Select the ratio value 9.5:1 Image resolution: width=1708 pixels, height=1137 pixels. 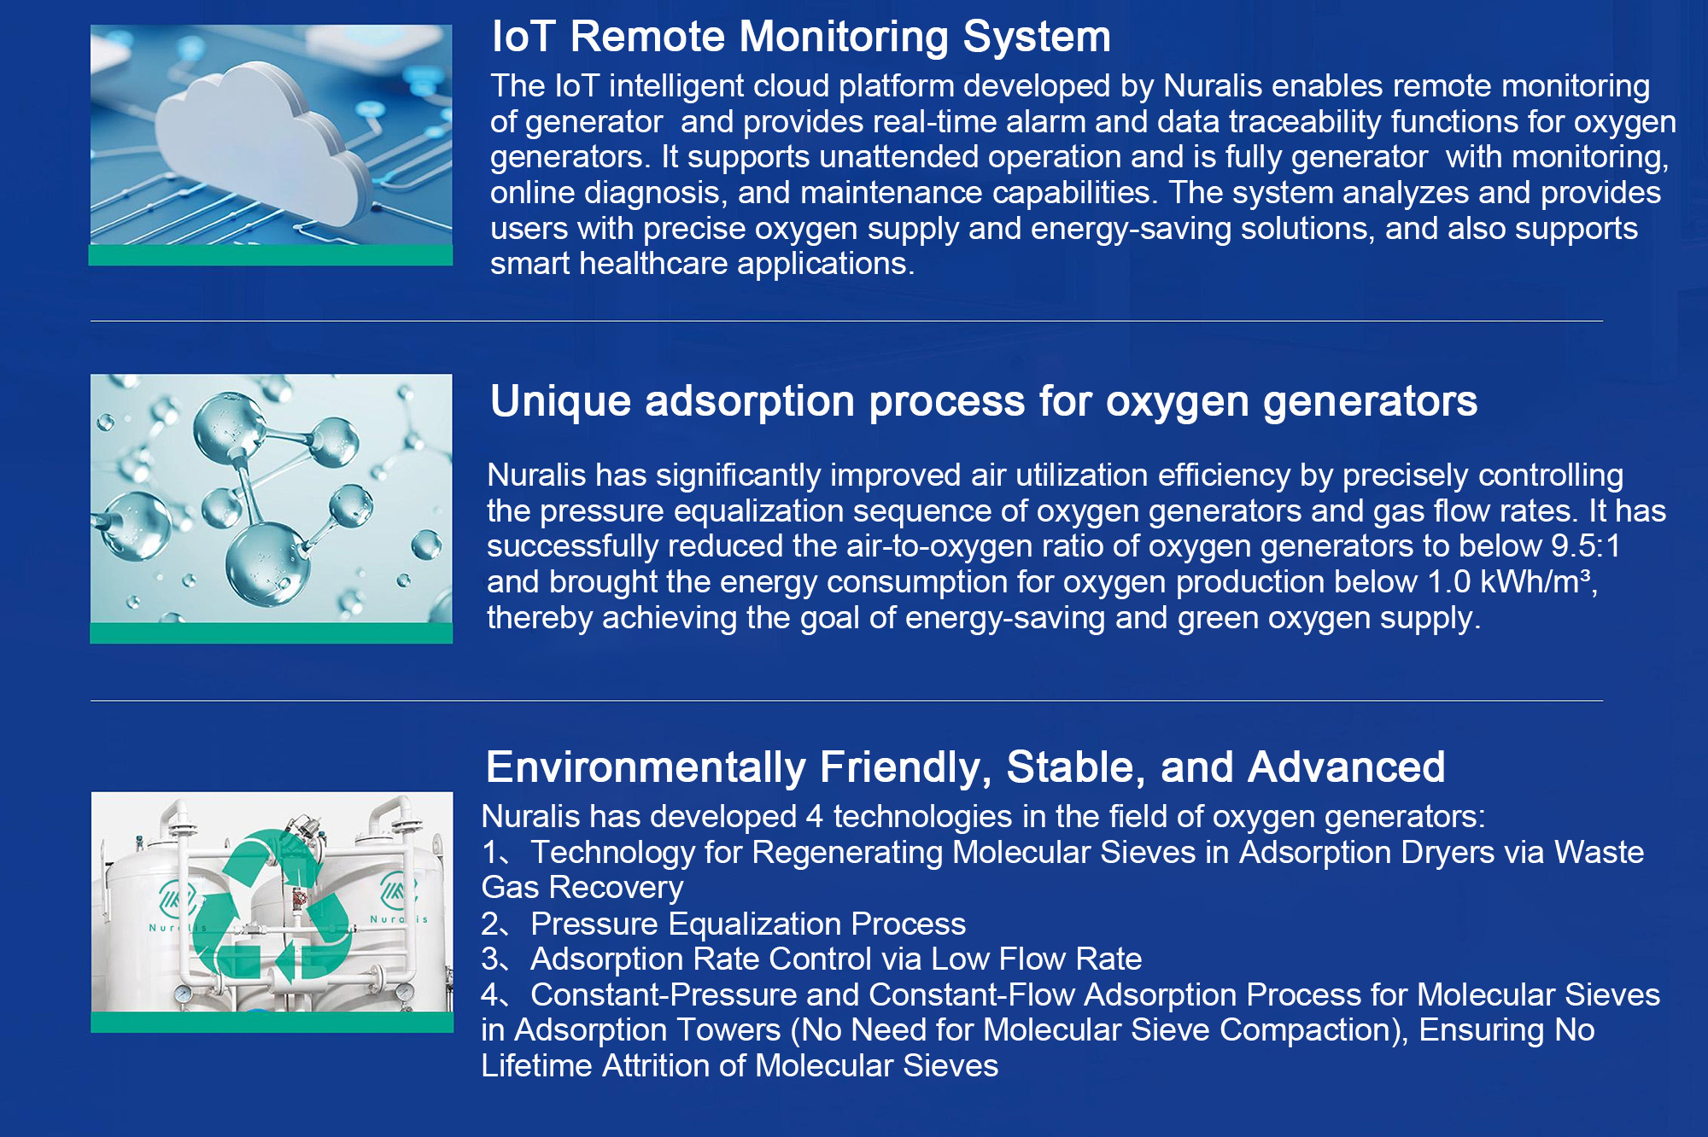(1586, 546)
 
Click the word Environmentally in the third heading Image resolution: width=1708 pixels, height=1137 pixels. (646, 767)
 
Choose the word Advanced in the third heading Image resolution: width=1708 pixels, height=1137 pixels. (1347, 767)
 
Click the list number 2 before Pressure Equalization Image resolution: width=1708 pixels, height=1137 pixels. (489, 924)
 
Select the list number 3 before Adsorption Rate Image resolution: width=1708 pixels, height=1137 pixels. (489, 959)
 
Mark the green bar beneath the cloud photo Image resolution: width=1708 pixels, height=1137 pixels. (271, 255)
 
